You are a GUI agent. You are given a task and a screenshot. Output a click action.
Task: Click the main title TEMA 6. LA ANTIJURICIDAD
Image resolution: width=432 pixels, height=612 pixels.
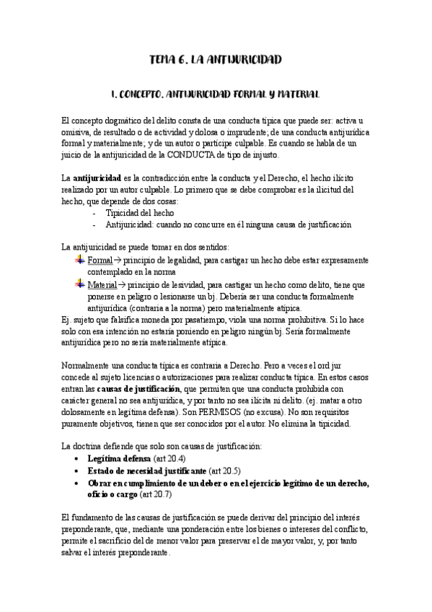(216, 60)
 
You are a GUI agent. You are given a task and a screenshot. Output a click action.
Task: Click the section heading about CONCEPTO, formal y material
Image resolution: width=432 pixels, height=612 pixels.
(216, 95)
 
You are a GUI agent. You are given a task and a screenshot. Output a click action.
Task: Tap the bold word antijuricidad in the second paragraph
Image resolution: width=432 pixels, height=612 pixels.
(97, 178)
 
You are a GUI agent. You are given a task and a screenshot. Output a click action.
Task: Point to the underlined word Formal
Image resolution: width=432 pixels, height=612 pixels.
(100, 259)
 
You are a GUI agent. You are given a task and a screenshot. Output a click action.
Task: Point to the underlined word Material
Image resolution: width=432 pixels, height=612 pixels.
(103, 284)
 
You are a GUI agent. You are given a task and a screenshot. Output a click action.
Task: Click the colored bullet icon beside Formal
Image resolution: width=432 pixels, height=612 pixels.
(79, 259)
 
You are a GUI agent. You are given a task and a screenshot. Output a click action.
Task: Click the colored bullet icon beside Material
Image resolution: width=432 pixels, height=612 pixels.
(79, 284)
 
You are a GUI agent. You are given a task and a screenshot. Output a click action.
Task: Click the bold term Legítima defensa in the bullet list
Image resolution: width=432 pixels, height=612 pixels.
(119, 458)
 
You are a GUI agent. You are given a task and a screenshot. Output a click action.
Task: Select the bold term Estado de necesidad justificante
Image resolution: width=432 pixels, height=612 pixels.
(146, 470)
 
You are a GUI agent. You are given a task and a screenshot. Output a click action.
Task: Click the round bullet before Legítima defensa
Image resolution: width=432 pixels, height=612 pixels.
(78, 459)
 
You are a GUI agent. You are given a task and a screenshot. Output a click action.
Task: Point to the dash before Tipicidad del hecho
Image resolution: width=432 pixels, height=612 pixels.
(95, 213)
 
